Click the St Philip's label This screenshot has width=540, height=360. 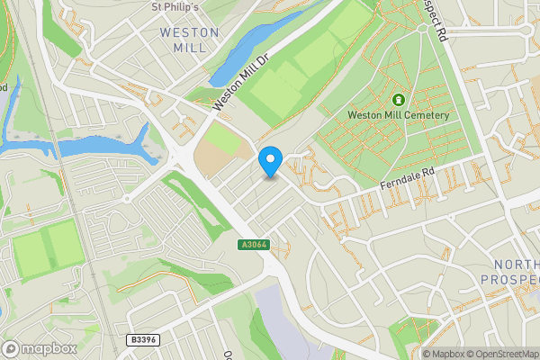174,6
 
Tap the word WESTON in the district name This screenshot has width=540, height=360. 189,32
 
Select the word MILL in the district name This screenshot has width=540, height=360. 189,47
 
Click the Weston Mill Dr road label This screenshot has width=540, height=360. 240,82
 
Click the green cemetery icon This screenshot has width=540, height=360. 398,99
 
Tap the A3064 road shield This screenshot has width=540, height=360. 253,244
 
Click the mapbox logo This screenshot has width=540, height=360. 39,348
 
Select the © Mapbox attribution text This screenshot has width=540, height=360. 447,354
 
